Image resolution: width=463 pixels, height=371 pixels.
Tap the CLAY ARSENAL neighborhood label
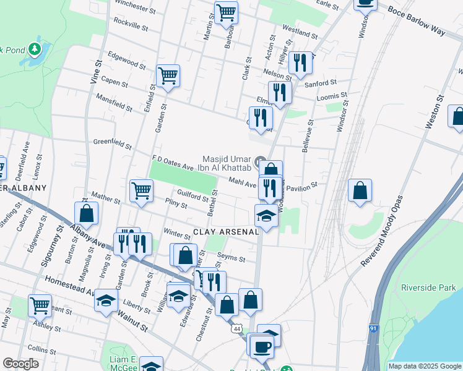point(225,232)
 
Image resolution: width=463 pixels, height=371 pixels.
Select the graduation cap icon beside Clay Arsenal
point(266,216)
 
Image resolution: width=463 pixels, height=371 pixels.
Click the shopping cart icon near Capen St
point(168,76)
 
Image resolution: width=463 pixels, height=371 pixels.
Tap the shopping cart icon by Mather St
point(142,190)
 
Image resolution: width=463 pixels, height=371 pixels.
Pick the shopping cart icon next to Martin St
point(226,12)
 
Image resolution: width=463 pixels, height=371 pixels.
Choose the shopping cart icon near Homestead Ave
point(40,305)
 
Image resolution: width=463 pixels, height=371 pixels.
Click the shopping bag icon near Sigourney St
point(87,213)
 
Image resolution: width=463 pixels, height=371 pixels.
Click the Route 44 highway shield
point(237,329)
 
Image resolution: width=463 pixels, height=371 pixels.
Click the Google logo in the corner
point(20,364)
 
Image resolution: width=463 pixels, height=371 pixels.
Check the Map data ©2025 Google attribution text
point(425,366)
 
